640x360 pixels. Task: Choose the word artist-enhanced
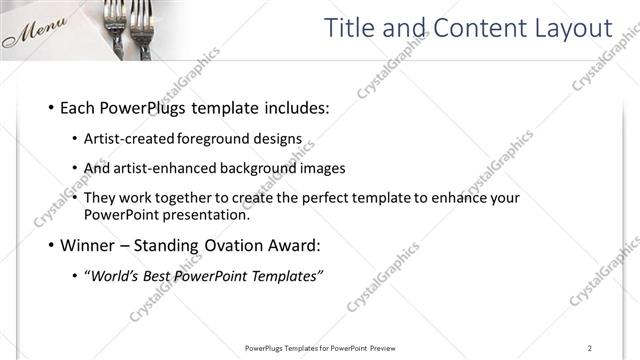click(x=172, y=169)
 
